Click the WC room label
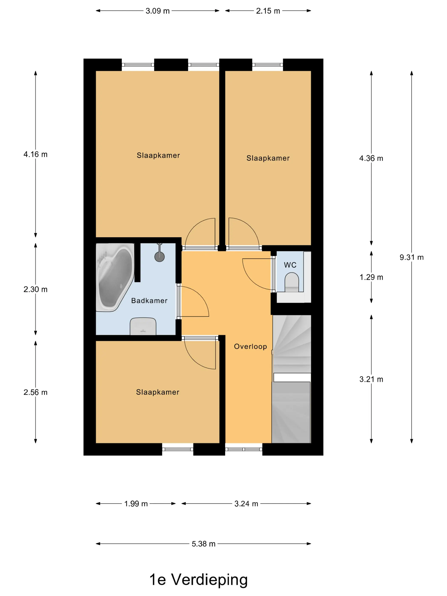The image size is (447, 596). (290, 265)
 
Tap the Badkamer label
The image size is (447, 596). (149, 301)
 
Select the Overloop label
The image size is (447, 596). (250, 347)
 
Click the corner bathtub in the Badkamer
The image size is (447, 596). (115, 278)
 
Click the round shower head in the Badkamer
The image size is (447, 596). (159, 256)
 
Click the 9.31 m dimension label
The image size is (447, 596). (411, 257)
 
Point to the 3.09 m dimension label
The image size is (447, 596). (158, 11)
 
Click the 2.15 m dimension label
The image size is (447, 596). (268, 11)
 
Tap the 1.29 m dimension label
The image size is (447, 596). (371, 277)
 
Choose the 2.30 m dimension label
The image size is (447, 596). (35, 289)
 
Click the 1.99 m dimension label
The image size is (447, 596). (136, 504)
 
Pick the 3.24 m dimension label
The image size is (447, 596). (246, 504)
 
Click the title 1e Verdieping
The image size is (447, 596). (198, 580)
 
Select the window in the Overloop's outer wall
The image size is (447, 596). (244, 449)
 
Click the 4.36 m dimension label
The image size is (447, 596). (371, 158)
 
